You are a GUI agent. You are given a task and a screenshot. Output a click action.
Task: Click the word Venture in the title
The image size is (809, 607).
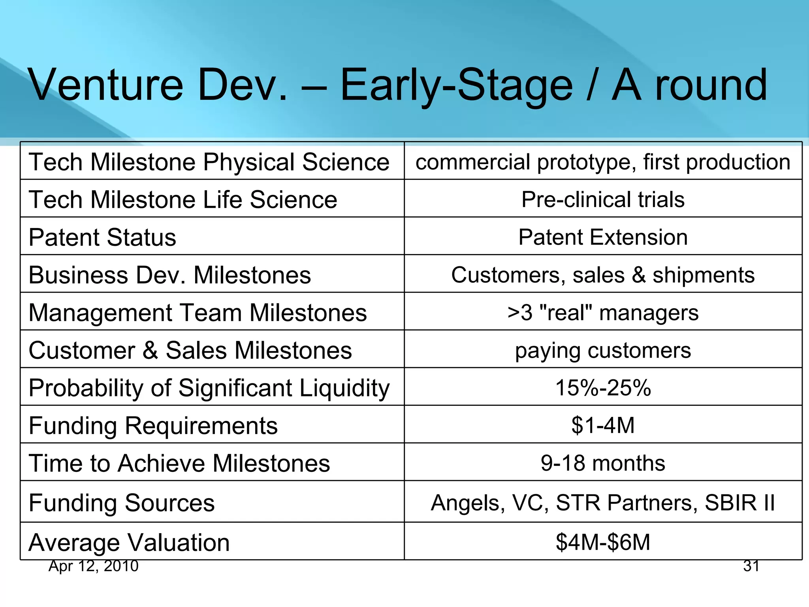pyautogui.click(x=106, y=85)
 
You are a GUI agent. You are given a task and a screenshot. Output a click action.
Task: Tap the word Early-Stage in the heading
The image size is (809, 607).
pyautogui.click(x=456, y=85)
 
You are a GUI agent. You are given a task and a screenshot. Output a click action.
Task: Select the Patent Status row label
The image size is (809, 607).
pyautogui.click(x=102, y=238)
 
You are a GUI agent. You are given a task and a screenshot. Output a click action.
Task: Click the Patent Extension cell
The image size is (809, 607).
pyautogui.click(x=603, y=237)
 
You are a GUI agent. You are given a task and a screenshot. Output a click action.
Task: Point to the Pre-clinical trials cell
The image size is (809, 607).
pyautogui.click(x=603, y=199)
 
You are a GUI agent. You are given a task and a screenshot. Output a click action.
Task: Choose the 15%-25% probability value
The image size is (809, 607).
pyautogui.click(x=603, y=388)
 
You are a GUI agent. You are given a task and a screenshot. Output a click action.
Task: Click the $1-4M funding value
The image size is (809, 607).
pyautogui.click(x=603, y=425)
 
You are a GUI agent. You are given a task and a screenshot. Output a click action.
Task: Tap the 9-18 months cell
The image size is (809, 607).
pyautogui.click(x=603, y=463)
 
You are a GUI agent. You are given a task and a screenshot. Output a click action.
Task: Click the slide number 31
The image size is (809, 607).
pyautogui.click(x=751, y=566)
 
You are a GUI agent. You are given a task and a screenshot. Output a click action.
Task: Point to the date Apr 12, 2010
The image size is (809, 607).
pyautogui.click(x=94, y=566)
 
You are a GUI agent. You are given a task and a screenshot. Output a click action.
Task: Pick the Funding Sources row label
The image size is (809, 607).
pyautogui.click(x=122, y=503)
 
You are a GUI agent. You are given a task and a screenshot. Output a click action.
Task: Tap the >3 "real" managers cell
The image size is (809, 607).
pyautogui.click(x=603, y=313)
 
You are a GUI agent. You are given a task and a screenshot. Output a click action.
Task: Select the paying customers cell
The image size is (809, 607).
pyautogui.click(x=603, y=350)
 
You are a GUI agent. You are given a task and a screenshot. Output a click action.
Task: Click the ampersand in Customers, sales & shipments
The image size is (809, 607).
pyautogui.click(x=639, y=275)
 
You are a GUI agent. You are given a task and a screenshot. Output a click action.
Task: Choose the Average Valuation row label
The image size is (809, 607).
pyautogui.click(x=129, y=542)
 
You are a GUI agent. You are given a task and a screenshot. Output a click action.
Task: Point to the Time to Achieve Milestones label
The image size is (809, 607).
pyautogui.click(x=179, y=463)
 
